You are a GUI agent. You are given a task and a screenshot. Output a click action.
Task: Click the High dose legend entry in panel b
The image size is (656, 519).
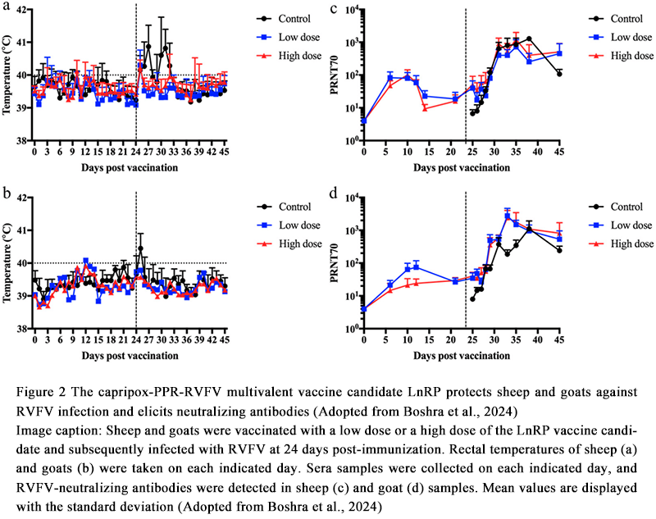tap(274, 244)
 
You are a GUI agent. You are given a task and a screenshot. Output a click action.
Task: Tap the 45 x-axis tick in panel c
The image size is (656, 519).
tap(559, 153)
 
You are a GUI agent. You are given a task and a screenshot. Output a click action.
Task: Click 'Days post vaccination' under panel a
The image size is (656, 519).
tap(130, 167)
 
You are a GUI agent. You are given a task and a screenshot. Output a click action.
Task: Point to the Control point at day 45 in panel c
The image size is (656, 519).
tap(559, 74)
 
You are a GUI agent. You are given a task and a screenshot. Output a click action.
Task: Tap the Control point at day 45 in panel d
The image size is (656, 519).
tap(559, 250)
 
